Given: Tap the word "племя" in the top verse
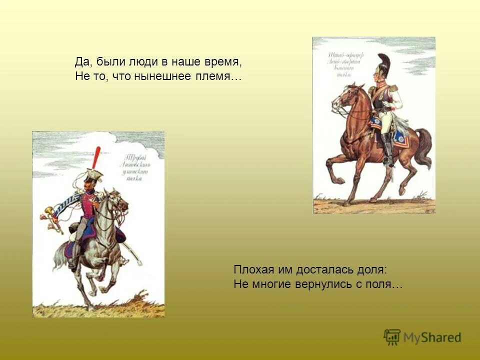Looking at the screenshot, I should tap(215, 77).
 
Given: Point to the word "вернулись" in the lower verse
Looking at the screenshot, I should tap(321, 284).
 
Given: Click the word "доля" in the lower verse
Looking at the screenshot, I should tap(370, 269).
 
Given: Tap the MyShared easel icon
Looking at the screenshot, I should tap(392, 336).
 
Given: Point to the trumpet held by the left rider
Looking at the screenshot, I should tap(52, 219).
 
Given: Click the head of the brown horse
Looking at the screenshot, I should tap(345, 97).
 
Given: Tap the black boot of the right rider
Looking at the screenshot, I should tap(387, 148).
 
